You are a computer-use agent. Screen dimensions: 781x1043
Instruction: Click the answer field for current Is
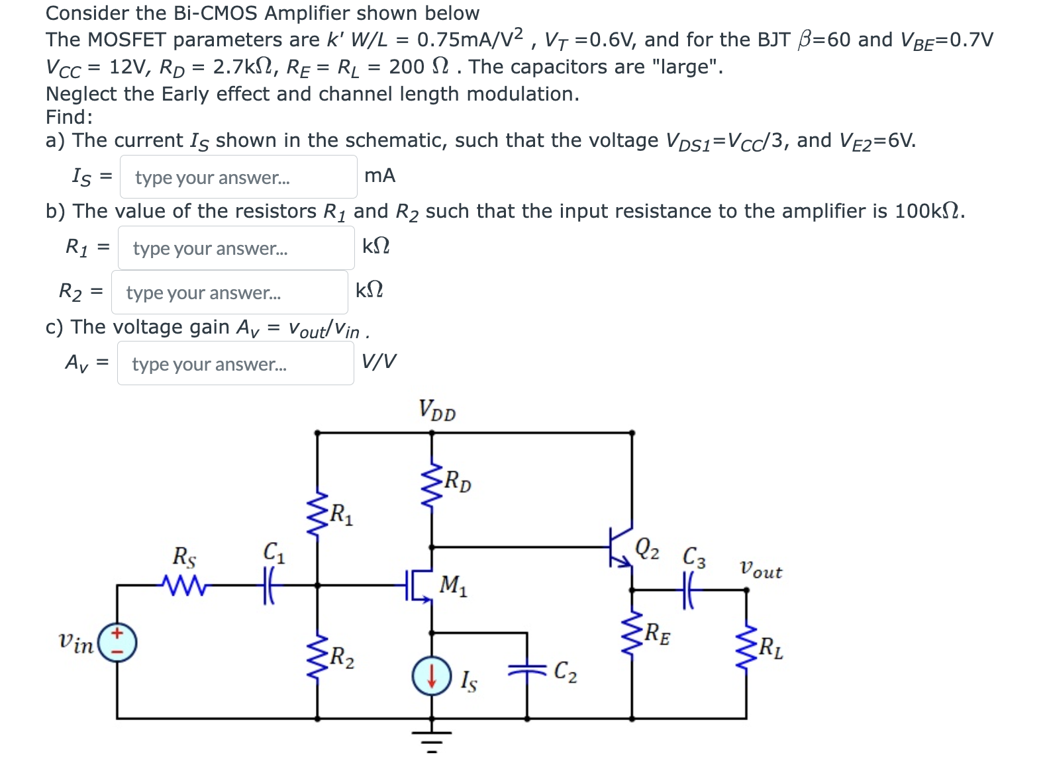click(238, 177)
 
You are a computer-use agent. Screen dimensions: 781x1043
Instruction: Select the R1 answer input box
click(236, 248)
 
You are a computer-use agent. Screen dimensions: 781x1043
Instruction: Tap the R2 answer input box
click(230, 292)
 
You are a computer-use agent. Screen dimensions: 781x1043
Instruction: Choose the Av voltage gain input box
click(236, 363)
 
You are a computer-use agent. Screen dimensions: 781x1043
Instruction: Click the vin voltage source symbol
click(118, 641)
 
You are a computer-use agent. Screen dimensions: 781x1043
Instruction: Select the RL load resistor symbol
click(746, 647)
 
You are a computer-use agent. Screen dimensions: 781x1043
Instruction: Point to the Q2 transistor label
click(646, 548)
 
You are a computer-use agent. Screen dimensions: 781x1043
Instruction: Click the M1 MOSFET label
click(453, 585)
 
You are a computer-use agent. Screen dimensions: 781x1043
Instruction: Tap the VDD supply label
click(437, 410)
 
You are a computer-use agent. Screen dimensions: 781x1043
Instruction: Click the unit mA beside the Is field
click(379, 175)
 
